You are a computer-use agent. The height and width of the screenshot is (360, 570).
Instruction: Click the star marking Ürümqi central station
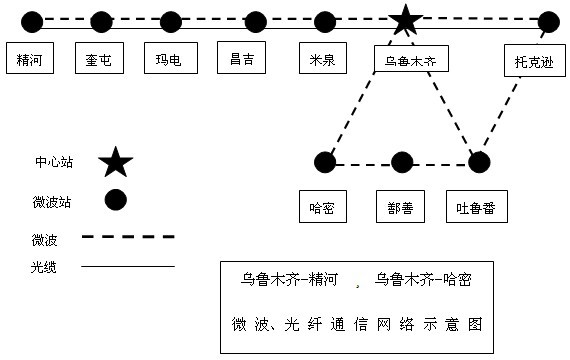point(405,19)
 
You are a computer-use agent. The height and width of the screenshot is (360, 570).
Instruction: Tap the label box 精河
point(30,59)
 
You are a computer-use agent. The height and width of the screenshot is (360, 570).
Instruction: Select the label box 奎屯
point(100,59)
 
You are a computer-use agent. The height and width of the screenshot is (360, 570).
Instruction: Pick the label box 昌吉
point(242,57)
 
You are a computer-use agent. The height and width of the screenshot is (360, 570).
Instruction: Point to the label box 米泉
point(324,58)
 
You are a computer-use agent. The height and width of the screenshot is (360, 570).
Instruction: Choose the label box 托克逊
point(529,61)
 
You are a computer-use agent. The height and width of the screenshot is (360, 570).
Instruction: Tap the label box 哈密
point(323,207)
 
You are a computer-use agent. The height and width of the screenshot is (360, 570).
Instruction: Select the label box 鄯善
point(401,207)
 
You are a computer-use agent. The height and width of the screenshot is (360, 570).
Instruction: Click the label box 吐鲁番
point(476,207)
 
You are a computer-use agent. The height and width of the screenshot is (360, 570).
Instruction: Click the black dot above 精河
point(32,21)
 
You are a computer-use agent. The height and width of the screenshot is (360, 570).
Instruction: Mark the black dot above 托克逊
point(548,21)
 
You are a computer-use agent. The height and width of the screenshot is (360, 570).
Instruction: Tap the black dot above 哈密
point(324,161)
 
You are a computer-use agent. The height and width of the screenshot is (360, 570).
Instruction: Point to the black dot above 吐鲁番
point(479,161)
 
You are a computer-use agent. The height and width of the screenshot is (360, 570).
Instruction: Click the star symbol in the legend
point(115,160)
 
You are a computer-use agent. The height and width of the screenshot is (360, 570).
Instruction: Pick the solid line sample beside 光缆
point(127,267)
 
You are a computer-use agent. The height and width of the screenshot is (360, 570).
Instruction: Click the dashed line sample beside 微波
point(127,237)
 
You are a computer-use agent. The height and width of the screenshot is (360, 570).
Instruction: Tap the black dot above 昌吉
point(256,21)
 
